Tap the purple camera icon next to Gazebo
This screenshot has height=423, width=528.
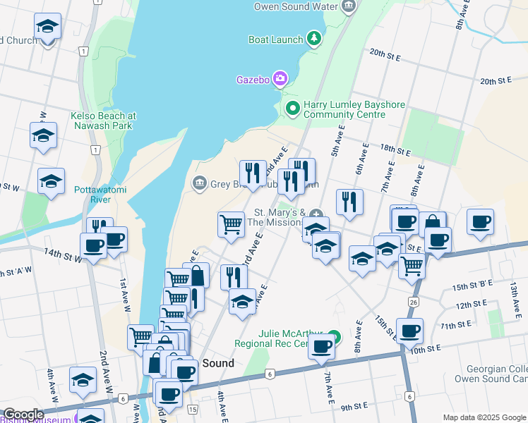coord(280,78)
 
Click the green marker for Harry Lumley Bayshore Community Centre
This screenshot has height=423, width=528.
coord(292,109)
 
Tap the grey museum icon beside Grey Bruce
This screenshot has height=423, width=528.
coord(199,184)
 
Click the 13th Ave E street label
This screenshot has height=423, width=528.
coord(514,289)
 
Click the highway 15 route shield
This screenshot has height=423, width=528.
coord(193,409)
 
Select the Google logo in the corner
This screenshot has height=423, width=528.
coord(23,415)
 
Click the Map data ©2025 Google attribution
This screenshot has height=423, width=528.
coord(484,417)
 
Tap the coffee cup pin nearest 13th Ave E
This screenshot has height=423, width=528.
coord(481,222)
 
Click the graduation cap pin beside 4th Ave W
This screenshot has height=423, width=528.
coord(83,379)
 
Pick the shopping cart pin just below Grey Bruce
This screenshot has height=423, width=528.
coord(231,223)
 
